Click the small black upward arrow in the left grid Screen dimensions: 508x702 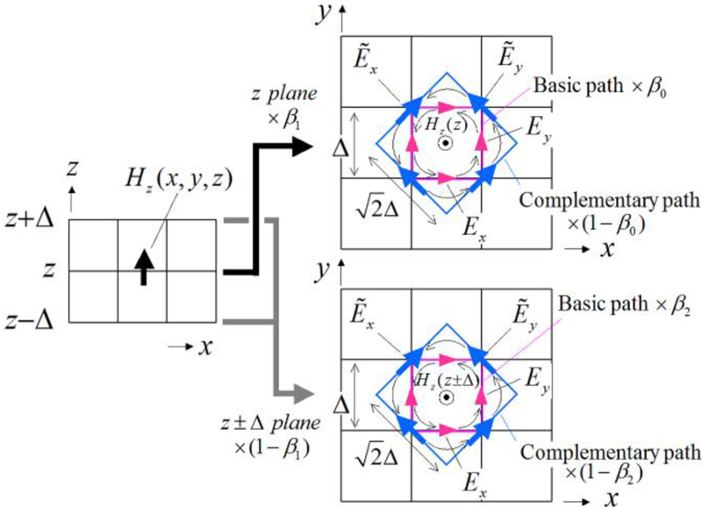(142, 264)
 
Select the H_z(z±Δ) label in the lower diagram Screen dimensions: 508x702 (446, 378)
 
